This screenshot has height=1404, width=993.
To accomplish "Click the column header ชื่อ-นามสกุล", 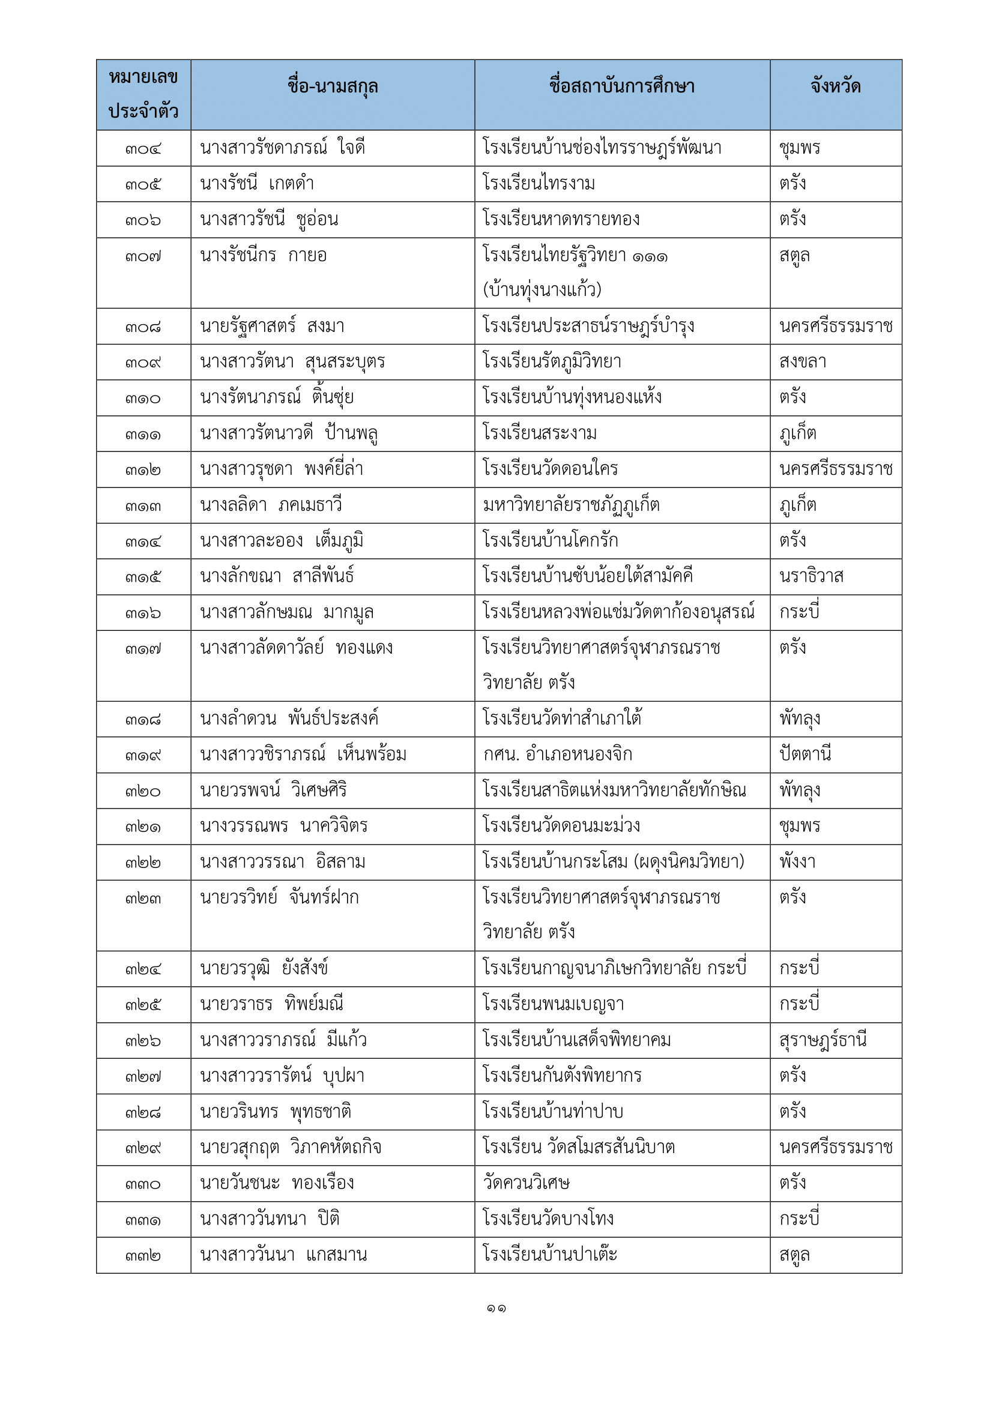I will point(332,87).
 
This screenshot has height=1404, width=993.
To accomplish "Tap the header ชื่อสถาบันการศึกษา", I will point(621,87).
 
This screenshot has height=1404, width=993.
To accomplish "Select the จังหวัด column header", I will point(835,87).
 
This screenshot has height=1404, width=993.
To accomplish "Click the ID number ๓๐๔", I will point(143,149).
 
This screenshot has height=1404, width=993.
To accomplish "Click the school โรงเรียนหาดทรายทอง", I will point(561,219).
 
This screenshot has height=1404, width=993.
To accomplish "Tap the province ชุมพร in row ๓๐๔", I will point(799,148).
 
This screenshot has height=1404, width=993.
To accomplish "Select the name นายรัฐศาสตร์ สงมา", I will point(272,326).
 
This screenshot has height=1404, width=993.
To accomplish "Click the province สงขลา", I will point(802,362).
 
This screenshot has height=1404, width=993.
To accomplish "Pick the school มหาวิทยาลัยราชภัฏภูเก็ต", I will point(571,505).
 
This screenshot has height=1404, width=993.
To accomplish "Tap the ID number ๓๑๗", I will point(143,649).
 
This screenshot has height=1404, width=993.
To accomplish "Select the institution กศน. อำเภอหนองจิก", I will point(557,755).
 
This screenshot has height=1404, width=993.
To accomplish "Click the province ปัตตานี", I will point(804,755).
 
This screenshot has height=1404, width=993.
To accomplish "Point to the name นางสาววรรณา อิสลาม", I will point(283,862).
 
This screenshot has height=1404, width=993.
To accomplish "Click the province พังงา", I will point(797,862).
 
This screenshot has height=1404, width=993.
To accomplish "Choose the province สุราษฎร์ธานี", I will point(822,1040).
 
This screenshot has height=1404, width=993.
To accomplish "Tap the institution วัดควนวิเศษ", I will point(526,1183).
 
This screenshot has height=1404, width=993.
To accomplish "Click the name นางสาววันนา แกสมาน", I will point(283,1255).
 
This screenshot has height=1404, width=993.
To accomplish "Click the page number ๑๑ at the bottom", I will point(496,1309).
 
